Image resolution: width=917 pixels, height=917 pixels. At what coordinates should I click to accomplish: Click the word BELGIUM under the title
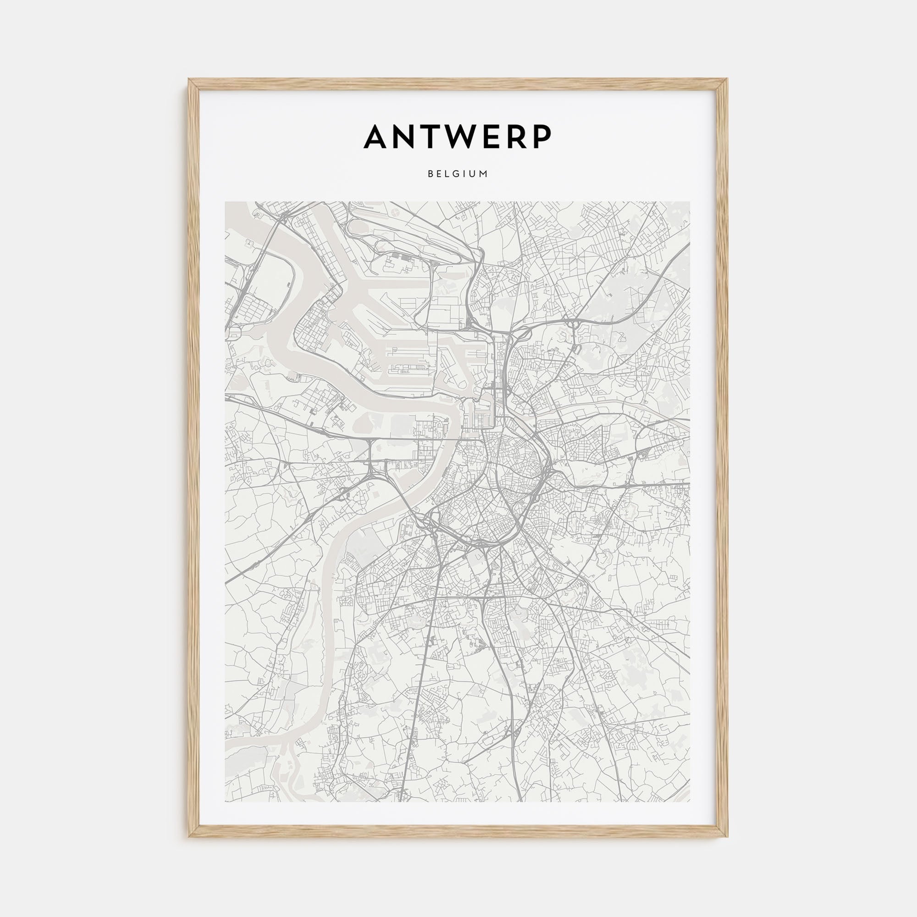(x=458, y=174)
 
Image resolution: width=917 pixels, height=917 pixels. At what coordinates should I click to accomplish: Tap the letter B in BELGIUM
(x=430, y=174)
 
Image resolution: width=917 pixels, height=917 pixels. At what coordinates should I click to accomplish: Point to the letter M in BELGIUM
(x=484, y=174)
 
